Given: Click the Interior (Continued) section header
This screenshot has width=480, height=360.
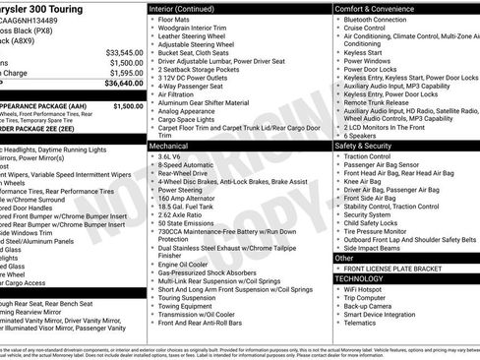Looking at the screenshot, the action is pyautogui.click(x=189, y=7).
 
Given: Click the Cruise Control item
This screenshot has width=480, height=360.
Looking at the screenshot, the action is pyautogui.click(x=366, y=29).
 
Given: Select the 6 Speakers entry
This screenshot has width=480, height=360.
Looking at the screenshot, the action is pyautogui.click(x=360, y=135).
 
